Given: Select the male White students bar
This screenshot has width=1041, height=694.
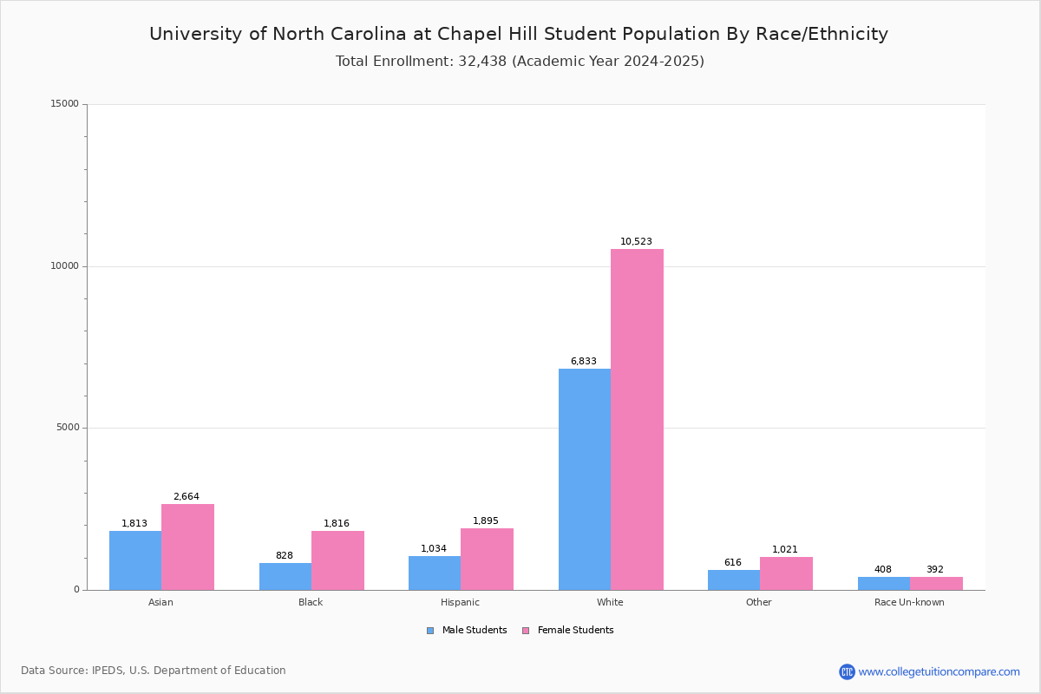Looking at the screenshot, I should click(585, 479).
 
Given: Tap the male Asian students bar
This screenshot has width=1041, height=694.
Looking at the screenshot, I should click(135, 560).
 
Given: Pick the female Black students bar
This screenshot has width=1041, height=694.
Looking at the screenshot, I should click(337, 560).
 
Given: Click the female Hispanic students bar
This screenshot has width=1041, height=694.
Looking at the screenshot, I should click(487, 559).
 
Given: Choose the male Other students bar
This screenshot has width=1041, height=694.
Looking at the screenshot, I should click(734, 579).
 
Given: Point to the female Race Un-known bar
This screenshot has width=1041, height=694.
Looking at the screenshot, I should click(936, 583).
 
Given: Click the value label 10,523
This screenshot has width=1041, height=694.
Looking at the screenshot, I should click(636, 242).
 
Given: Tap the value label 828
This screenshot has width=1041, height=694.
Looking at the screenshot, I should click(285, 556).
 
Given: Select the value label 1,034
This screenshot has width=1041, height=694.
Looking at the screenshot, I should click(434, 549).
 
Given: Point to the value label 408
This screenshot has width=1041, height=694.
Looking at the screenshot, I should click(883, 570).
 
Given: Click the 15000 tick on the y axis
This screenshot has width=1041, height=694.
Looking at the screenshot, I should click(65, 104).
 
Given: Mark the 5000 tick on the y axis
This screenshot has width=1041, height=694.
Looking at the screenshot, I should click(68, 428).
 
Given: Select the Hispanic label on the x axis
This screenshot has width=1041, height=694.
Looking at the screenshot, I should click(460, 602).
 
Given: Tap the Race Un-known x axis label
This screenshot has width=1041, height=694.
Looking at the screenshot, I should click(909, 602).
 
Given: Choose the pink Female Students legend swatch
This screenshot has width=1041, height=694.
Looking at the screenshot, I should click(526, 631).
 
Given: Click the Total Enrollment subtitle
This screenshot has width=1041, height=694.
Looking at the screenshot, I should click(520, 62).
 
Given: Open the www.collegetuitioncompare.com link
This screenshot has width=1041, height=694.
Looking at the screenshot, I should click(939, 671).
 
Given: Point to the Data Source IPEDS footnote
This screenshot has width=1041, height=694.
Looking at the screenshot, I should click(154, 671).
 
